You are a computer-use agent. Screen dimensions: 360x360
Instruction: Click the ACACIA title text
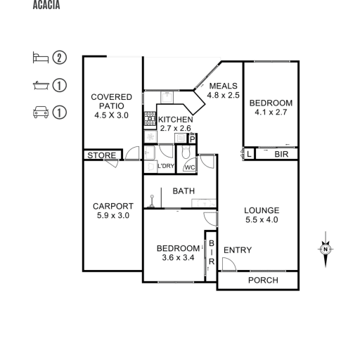tap(46, 5)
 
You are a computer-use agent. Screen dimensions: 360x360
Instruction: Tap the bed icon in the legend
tap(41, 58)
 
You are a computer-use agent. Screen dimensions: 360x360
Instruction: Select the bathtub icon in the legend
tap(41, 86)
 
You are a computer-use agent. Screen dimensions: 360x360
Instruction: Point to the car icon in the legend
tap(41, 112)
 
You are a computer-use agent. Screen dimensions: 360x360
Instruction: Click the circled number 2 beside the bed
tap(59, 58)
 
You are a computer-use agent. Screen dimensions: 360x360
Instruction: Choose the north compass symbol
tap(326, 249)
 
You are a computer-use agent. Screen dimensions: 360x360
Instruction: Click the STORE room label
tap(102, 155)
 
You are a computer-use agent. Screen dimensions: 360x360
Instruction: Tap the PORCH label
tap(263, 281)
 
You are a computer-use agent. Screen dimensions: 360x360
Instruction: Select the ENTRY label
tap(238, 250)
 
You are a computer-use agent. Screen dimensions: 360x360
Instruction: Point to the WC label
tap(190, 167)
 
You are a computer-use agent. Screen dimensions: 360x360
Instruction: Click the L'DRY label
tap(166, 166)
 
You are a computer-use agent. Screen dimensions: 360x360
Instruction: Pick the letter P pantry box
tap(193, 139)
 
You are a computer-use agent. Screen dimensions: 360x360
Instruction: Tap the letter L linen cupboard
tap(249, 154)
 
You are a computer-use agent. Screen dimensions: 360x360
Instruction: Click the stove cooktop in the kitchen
tap(150, 119)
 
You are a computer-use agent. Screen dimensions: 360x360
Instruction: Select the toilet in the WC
tap(186, 152)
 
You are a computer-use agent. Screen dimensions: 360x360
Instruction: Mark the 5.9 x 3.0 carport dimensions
tap(113, 215)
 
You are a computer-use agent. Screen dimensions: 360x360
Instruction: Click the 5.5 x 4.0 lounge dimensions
tap(262, 220)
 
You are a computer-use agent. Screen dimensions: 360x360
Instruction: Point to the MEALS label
tap(223, 86)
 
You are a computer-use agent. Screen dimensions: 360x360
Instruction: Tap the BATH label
tap(184, 191)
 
